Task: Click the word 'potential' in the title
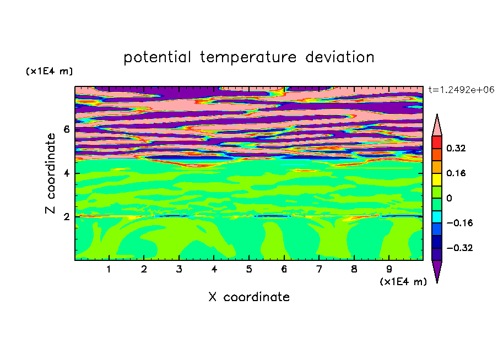click(157, 58)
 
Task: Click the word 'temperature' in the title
click(248, 58)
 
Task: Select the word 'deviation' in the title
click(340, 57)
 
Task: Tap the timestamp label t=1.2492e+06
click(461, 90)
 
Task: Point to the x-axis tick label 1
click(109, 269)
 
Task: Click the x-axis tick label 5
click(249, 269)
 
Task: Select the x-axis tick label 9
click(389, 269)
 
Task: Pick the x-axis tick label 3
click(179, 269)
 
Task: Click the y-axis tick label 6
click(66, 129)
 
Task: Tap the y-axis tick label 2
click(66, 217)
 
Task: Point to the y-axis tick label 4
click(66, 173)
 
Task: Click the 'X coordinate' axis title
click(249, 297)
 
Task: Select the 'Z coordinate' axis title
click(50, 173)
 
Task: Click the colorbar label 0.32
click(456, 148)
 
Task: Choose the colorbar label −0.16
click(459, 223)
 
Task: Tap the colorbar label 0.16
click(456, 173)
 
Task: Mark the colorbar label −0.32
click(459, 248)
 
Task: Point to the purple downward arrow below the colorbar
click(437, 270)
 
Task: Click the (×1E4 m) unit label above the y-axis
click(49, 71)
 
